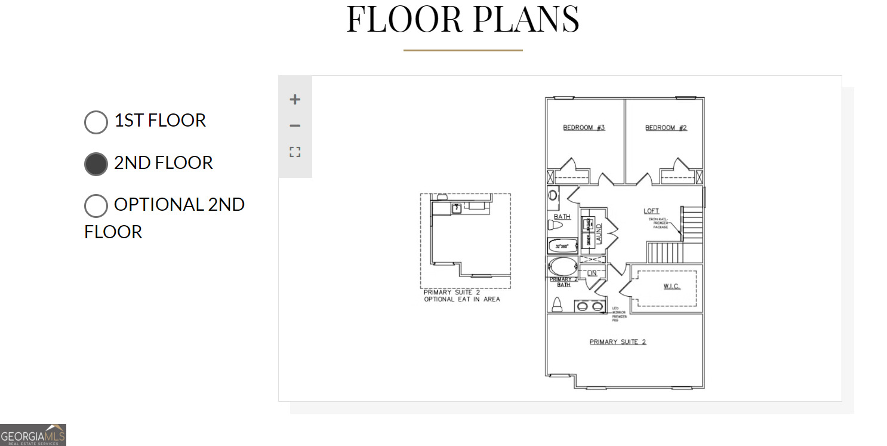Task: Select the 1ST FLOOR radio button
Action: click(x=96, y=122)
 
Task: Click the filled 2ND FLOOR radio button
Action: click(x=96, y=164)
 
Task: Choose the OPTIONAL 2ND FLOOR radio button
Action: click(x=96, y=206)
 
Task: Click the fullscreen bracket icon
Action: click(x=295, y=152)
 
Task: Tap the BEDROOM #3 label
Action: click(x=584, y=128)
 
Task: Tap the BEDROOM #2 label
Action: click(x=666, y=128)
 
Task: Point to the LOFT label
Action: click(x=651, y=211)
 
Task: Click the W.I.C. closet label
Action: click(x=672, y=287)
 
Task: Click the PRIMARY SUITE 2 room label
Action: click(x=618, y=342)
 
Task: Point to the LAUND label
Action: click(x=599, y=233)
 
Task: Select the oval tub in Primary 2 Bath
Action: click(x=562, y=266)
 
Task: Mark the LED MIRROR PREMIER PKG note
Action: click(x=619, y=314)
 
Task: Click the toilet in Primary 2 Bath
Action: click(x=557, y=304)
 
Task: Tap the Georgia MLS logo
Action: click(x=33, y=435)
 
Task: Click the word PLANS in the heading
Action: click(x=526, y=19)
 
